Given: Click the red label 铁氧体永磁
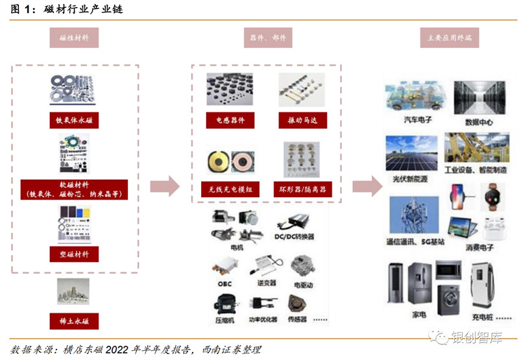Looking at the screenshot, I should pos(73,121).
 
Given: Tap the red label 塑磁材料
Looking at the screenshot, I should pos(73,253).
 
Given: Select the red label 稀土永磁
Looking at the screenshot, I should pos(73,321).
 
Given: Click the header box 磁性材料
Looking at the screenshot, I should pos(73,38).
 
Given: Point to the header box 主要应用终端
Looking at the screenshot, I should pos(450,38).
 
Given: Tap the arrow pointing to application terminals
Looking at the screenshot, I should pos(367,187).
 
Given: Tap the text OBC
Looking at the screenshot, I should pos(221,283).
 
